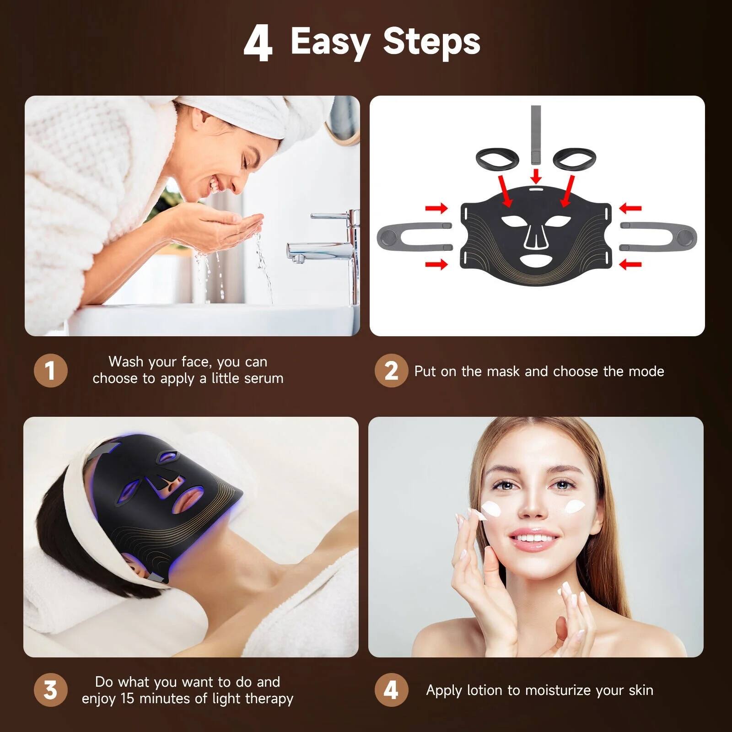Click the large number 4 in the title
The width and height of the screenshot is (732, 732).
[258, 43]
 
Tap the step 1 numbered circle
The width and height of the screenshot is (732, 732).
[50, 370]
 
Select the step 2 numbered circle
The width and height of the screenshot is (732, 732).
[391, 370]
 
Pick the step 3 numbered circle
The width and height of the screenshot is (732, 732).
[50, 690]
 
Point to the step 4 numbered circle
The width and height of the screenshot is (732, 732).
[391, 690]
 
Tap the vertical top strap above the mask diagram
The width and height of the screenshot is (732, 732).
[536, 135]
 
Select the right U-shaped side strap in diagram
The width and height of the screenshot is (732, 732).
[659, 237]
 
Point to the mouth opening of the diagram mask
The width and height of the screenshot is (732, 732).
[536, 262]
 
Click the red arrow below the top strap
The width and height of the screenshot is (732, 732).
[536, 176]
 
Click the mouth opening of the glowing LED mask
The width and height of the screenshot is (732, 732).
[188, 499]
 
